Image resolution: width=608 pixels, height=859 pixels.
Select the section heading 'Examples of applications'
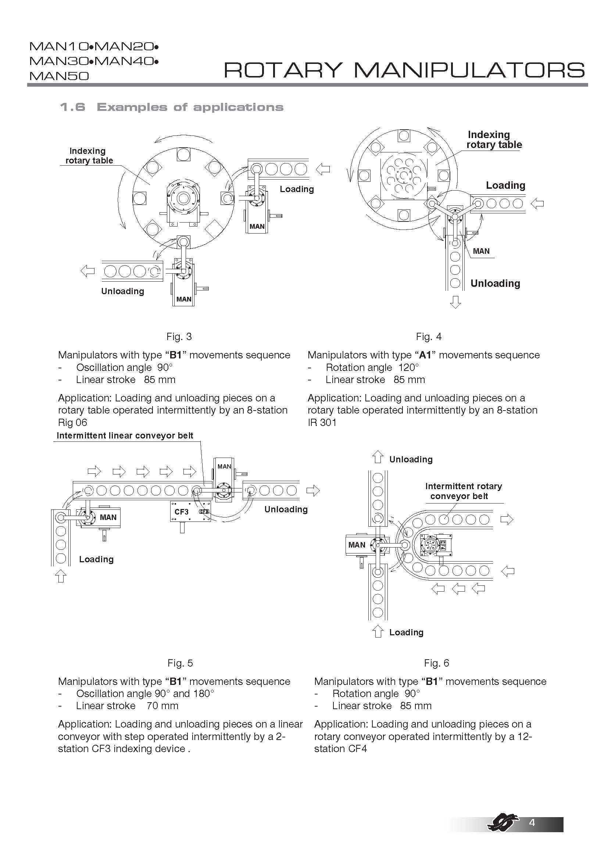pyautogui.click(x=190, y=107)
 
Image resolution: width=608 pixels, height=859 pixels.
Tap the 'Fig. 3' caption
pyautogui.click(x=179, y=337)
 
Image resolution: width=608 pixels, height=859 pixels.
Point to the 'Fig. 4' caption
pyautogui.click(x=429, y=337)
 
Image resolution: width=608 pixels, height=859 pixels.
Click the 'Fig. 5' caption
pyautogui.click(x=180, y=663)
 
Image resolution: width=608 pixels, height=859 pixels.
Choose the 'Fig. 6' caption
pyautogui.click(x=437, y=663)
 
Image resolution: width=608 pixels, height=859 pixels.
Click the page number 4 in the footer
pyautogui.click(x=532, y=833)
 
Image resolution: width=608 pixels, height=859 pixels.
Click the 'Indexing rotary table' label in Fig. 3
pyautogui.click(x=89, y=156)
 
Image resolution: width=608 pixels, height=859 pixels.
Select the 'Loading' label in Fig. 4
pyautogui.click(x=505, y=185)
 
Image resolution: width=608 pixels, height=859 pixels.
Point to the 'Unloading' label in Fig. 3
pyautogui.click(x=122, y=291)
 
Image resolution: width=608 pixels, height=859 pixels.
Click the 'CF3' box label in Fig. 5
pyautogui.click(x=182, y=512)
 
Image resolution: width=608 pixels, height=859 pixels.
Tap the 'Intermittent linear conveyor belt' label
pyautogui.click(x=125, y=436)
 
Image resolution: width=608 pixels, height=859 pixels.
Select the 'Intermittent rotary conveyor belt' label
pyautogui.click(x=463, y=491)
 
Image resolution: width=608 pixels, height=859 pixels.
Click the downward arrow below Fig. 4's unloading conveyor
pyautogui.click(x=455, y=302)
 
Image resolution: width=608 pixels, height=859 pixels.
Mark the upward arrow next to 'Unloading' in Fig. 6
pyautogui.click(x=378, y=457)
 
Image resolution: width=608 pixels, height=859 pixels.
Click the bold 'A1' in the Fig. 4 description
pyautogui.click(x=425, y=355)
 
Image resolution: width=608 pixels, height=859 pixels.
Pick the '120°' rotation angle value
pyautogui.click(x=408, y=367)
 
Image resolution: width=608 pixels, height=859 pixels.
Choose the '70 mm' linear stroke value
pyautogui.click(x=162, y=706)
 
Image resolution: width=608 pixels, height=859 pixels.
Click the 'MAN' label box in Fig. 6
pyautogui.click(x=357, y=545)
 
